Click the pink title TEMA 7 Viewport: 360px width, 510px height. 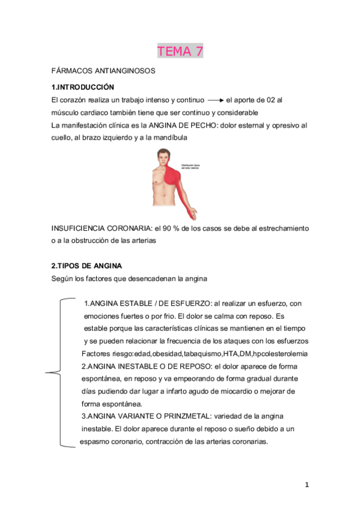click(x=180, y=51)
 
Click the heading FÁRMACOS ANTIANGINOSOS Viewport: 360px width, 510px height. click(x=103, y=71)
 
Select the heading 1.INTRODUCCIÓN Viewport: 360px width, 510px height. click(x=82, y=87)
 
